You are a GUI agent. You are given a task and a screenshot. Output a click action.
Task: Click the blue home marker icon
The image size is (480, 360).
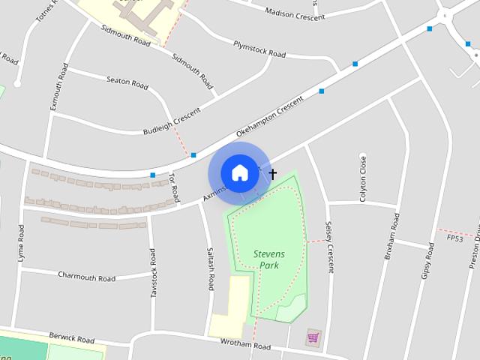click(239, 173)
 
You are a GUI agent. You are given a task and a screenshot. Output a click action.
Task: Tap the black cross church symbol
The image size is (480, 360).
click(272, 174)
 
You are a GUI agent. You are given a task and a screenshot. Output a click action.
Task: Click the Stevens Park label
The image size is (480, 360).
click(268, 259)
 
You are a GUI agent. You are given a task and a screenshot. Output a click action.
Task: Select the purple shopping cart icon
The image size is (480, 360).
click(313, 338)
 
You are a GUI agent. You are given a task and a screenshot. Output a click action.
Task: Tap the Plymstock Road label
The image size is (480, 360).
click(259, 49)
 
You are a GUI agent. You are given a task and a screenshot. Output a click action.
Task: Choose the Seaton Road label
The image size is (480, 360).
click(127, 81)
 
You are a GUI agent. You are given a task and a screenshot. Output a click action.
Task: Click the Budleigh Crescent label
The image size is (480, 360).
click(172, 121)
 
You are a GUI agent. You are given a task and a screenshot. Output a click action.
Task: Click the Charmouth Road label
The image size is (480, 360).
click(87, 276)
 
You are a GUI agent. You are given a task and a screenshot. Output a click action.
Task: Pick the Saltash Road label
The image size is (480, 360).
click(211, 269)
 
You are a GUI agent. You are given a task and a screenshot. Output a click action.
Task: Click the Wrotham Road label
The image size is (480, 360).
click(245, 346)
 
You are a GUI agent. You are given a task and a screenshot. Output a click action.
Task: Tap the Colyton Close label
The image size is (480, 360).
click(363, 174)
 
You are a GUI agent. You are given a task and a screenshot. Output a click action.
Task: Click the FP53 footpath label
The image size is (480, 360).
click(454, 238)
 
